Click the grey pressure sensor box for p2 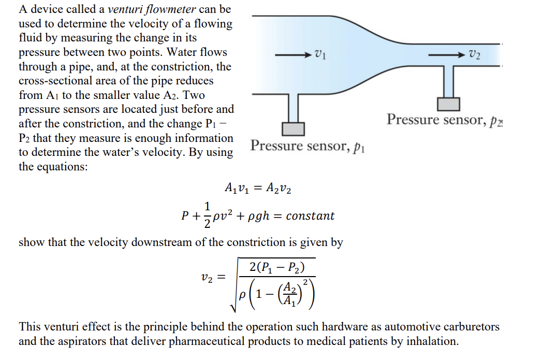point(449,104)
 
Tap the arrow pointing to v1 point(293,53)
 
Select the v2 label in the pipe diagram point(474,54)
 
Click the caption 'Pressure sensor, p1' point(308,146)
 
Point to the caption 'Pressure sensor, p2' point(444,120)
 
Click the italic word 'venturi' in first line point(125,9)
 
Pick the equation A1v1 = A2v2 point(258,189)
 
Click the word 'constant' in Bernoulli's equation point(310,216)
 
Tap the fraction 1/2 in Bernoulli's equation point(207,215)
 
